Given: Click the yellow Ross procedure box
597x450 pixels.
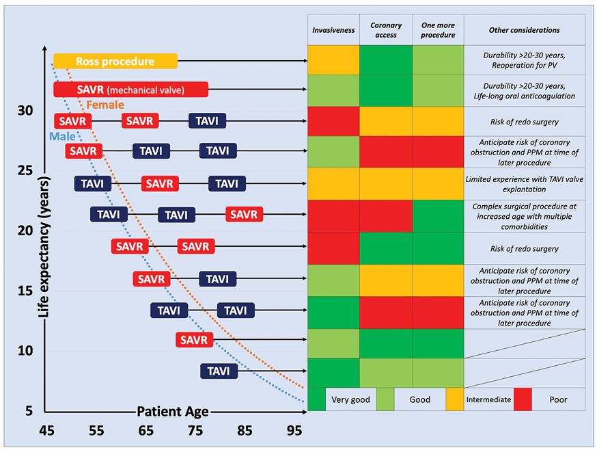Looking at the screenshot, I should pyautogui.click(x=115, y=62).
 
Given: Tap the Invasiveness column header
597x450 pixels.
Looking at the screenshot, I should pyautogui.click(x=333, y=31).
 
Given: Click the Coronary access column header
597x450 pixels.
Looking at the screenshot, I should pyautogui.click(x=386, y=31).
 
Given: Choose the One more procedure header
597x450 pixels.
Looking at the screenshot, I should pyautogui.click(x=439, y=31).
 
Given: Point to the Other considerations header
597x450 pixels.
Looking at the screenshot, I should pyautogui.click(x=525, y=31).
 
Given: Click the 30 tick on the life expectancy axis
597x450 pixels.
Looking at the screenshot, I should pyautogui.click(x=25, y=110).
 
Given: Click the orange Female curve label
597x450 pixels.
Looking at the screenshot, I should pyautogui.click(x=105, y=105).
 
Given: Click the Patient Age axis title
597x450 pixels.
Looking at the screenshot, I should pyautogui.click(x=173, y=412).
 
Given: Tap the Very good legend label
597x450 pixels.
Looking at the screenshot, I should pyautogui.click(x=350, y=399).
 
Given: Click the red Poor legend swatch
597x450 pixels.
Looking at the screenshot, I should pyautogui.click(x=523, y=399).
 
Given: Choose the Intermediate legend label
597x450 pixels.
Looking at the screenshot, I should pyautogui.click(x=488, y=399).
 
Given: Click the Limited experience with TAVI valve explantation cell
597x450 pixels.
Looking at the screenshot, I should pyautogui.click(x=525, y=184).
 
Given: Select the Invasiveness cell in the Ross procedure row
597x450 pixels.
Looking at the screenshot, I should pyautogui.click(x=333, y=59).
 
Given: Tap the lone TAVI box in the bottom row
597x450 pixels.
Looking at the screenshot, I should pyautogui.click(x=219, y=371).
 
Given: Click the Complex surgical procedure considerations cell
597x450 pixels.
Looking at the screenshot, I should pyautogui.click(x=525, y=216).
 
